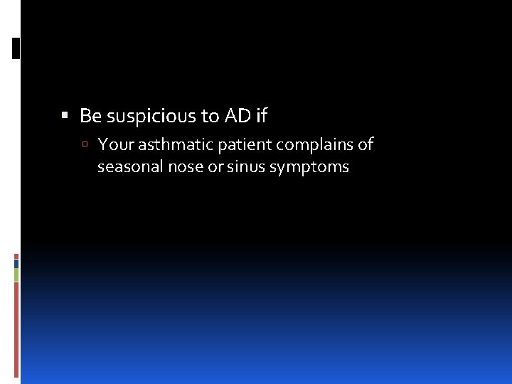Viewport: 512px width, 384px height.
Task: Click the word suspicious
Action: pos(143,115)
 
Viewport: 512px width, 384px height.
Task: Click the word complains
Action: pos(314,146)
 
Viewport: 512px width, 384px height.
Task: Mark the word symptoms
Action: pos(309,168)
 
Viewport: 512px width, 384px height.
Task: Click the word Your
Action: pos(115,145)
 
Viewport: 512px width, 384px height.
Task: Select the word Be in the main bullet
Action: pos(90,115)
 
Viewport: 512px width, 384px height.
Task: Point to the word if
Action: pos(260,115)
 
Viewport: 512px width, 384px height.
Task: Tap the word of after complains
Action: pos(366,145)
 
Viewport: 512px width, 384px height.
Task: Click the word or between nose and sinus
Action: pos(210,168)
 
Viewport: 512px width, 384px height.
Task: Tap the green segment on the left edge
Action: pos(16,274)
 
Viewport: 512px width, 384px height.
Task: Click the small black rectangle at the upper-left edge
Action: pos(16,48)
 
